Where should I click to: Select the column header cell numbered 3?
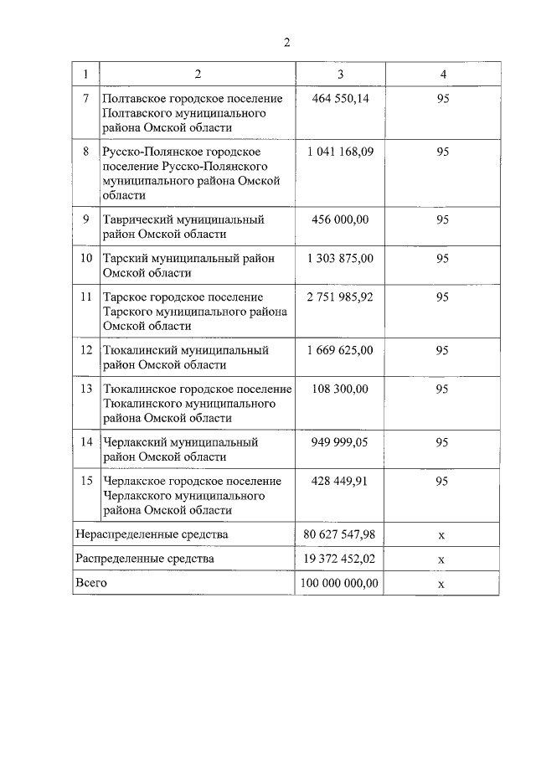click(340, 74)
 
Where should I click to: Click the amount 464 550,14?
click(339, 99)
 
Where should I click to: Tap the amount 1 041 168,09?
click(340, 152)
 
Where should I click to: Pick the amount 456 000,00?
click(339, 219)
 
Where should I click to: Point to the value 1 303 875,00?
click(340, 259)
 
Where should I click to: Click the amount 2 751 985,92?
click(340, 297)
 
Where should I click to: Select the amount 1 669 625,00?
click(340, 350)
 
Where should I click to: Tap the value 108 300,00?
click(339, 389)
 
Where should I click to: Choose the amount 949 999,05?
click(339, 441)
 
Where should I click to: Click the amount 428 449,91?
click(339, 481)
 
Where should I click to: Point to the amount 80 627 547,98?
click(340, 534)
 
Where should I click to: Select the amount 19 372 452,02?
click(340, 558)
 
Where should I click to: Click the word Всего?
click(91, 582)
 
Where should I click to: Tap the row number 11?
click(86, 297)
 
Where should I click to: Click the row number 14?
click(86, 441)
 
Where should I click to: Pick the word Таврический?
click(142, 219)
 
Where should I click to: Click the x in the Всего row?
click(441, 584)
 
